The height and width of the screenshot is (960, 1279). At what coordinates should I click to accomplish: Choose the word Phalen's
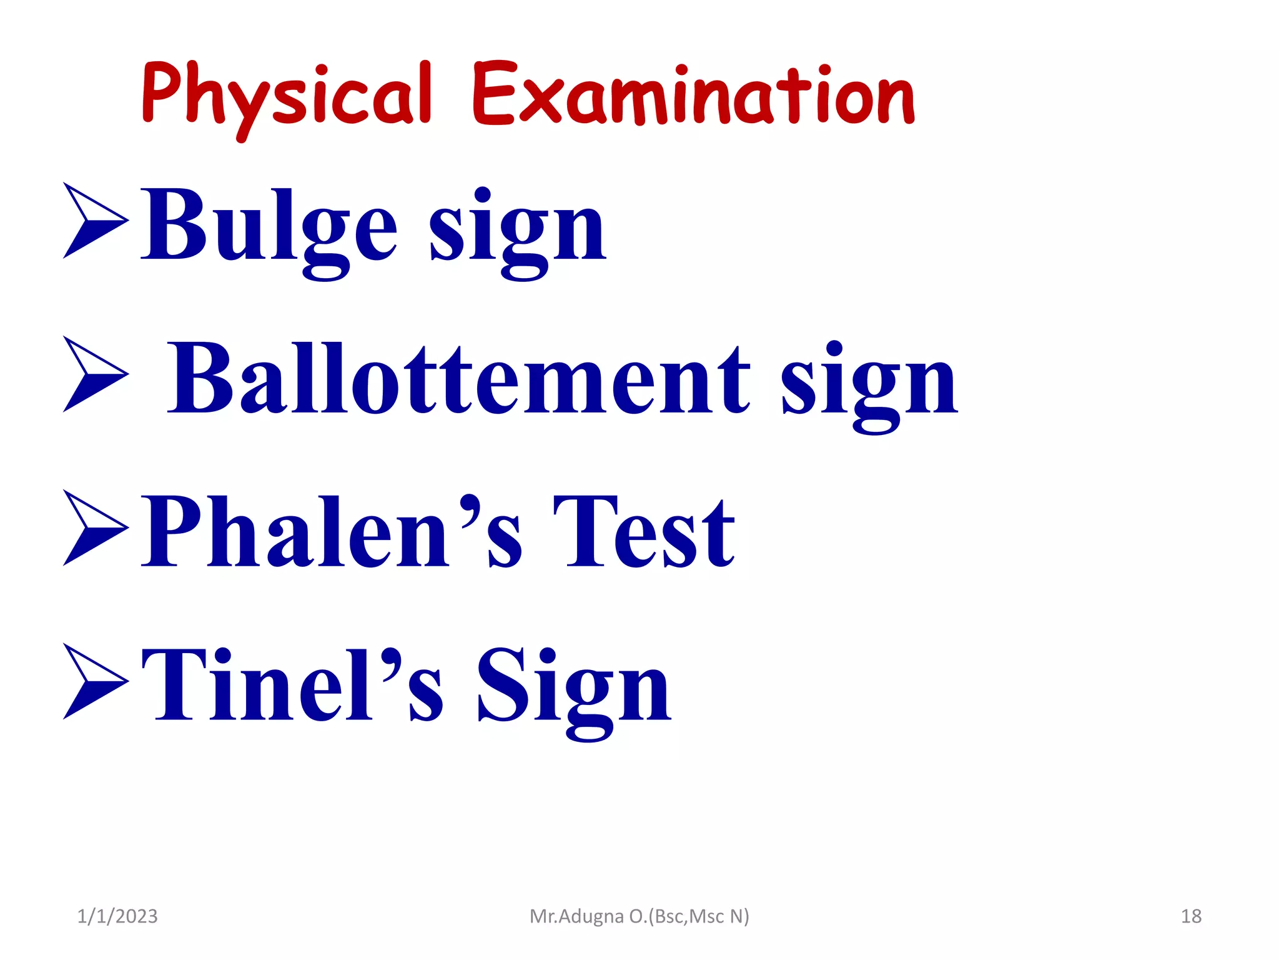(331, 531)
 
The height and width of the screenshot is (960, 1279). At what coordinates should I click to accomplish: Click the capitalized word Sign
(573, 687)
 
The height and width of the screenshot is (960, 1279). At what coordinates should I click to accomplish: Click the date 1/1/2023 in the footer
(117, 916)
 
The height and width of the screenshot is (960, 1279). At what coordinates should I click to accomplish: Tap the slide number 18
(1191, 916)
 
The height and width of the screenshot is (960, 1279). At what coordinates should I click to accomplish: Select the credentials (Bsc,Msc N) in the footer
(699, 916)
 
